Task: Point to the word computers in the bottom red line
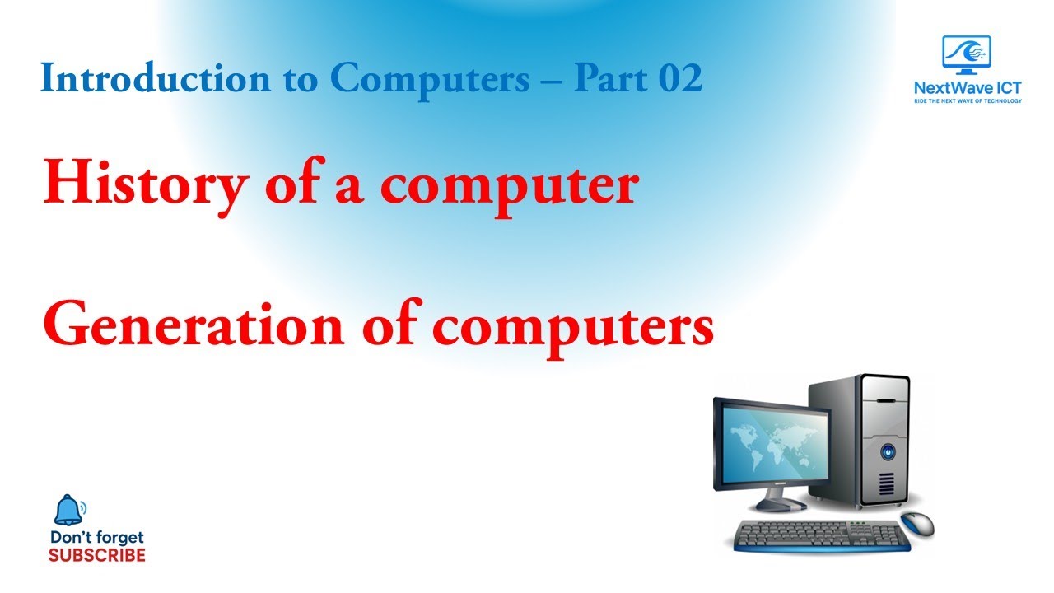[x=573, y=328]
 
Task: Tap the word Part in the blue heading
[x=604, y=79]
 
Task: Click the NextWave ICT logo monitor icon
[x=967, y=53]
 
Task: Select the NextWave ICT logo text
[x=968, y=86]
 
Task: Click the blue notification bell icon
[x=68, y=511]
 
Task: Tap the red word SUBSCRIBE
[x=96, y=555]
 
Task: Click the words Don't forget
[x=96, y=538]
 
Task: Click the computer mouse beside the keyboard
[x=917, y=522]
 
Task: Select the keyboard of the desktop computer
[x=822, y=536]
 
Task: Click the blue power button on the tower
[x=888, y=451]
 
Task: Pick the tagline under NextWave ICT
[x=968, y=101]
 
